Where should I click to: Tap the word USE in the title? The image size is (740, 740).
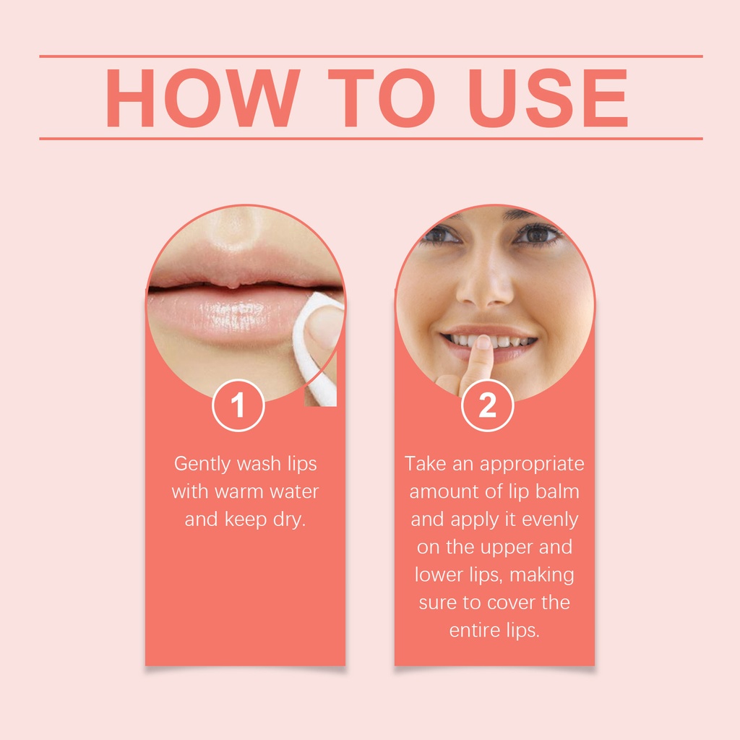tap(548, 98)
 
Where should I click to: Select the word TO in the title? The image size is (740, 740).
tap(382, 98)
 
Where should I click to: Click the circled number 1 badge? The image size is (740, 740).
tap(238, 405)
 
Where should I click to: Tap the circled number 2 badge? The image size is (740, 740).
tap(488, 405)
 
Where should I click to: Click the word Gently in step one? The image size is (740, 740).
tap(203, 465)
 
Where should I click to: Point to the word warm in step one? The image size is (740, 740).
tap(237, 491)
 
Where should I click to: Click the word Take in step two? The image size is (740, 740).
tap(425, 463)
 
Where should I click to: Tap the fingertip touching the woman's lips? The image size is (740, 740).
tap(483, 343)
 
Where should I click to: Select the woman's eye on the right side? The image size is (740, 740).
tap(537, 234)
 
